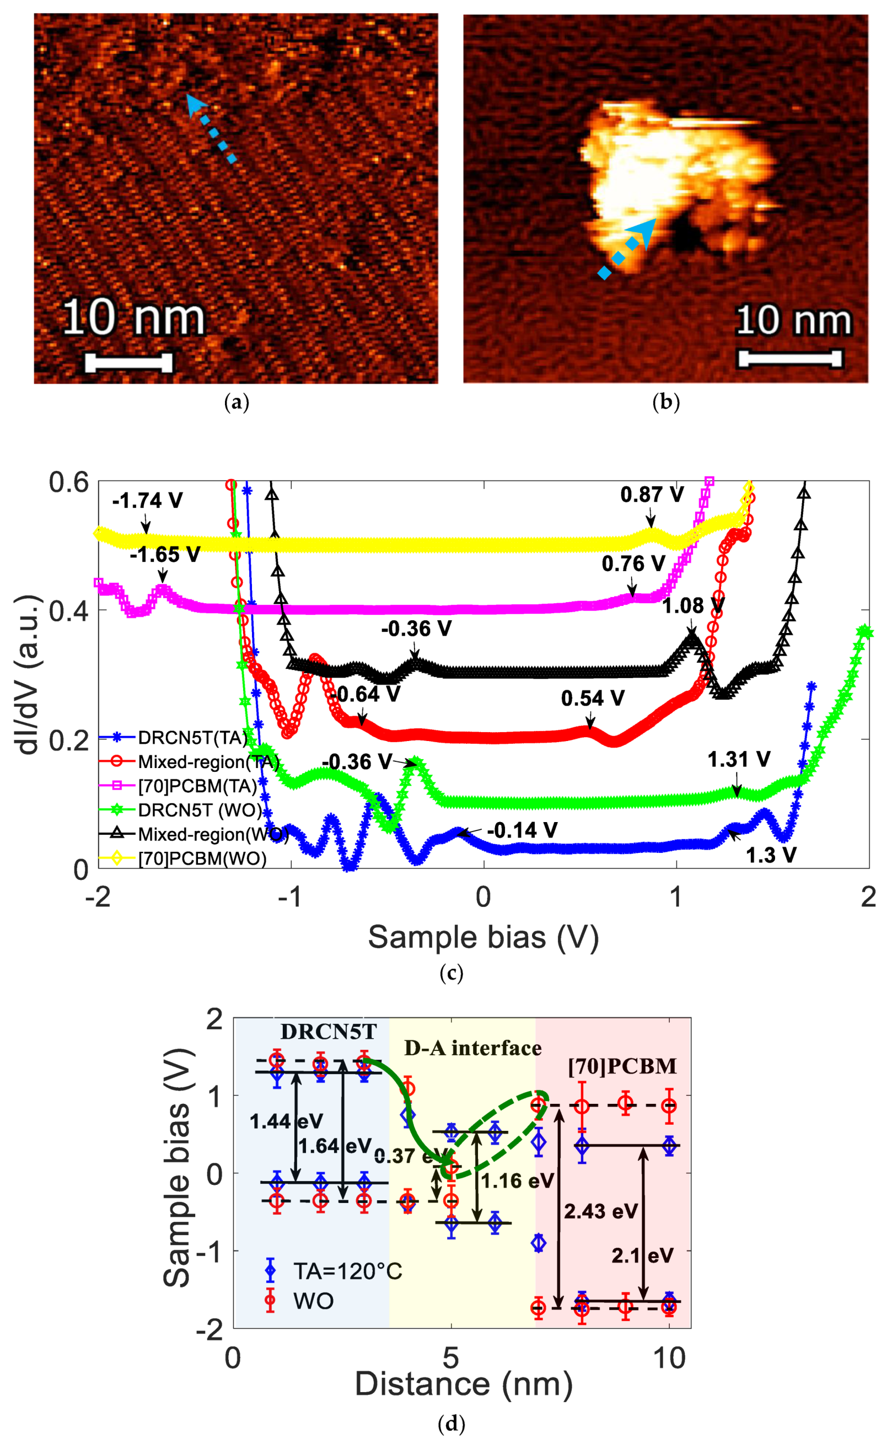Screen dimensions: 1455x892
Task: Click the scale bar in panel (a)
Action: click(128, 363)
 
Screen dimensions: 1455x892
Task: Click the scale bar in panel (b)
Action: click(790, 358)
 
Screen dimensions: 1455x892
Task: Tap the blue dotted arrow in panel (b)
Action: click(627, 248)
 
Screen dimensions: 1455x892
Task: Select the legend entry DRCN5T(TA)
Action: click(192, 738)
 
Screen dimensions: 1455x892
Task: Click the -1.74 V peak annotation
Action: click(148, 501)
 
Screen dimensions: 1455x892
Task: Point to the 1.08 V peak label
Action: click(692, 606)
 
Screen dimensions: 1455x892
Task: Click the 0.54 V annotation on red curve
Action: click(592, 699)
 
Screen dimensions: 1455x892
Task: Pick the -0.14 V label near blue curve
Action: click(522, 830)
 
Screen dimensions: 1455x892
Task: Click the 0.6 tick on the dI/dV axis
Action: click(68, 482)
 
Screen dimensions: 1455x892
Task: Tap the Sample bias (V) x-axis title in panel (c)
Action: click(483, 937)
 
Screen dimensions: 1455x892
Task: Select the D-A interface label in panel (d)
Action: click(472, 1048)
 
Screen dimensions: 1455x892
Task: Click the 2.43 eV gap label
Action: click(600, 1211)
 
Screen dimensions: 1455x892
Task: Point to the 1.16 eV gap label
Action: click(517, 1180)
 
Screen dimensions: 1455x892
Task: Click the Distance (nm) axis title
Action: click(464, 1383)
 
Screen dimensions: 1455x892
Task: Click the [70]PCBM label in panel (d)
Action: click(622, 1066)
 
